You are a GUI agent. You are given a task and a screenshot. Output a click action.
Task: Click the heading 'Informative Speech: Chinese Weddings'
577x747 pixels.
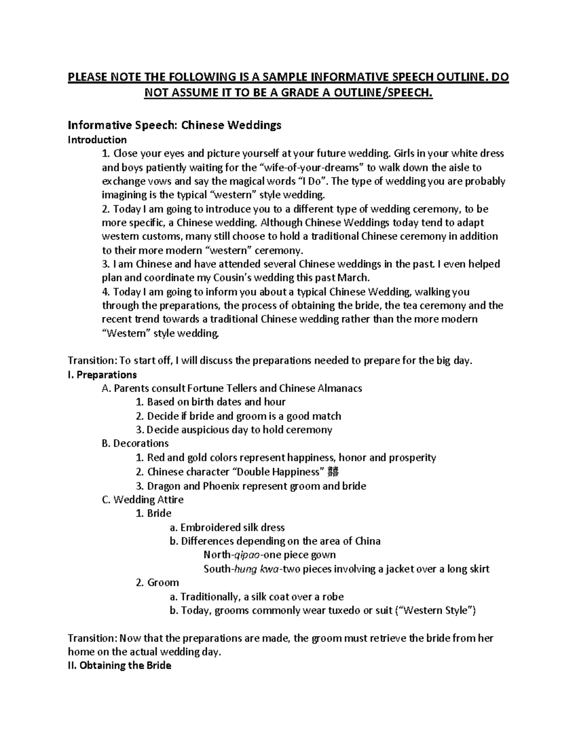(174, 126)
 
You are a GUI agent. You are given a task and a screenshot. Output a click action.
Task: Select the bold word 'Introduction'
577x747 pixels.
(97, 140)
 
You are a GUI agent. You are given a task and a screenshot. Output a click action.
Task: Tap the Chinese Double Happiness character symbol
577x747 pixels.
(335, 472)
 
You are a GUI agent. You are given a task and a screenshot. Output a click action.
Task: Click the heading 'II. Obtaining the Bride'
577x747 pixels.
(119, 666)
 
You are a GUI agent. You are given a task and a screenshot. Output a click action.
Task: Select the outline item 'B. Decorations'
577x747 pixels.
(135, 443)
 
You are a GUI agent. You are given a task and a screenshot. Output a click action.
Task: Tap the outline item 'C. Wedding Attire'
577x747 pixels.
(143, 500)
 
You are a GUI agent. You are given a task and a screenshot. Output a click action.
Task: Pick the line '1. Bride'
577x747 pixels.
(153, 513)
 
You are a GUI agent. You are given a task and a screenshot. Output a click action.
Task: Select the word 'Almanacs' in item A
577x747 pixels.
(339, 388)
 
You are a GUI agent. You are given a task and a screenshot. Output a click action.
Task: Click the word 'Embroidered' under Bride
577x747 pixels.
(210, 528)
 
